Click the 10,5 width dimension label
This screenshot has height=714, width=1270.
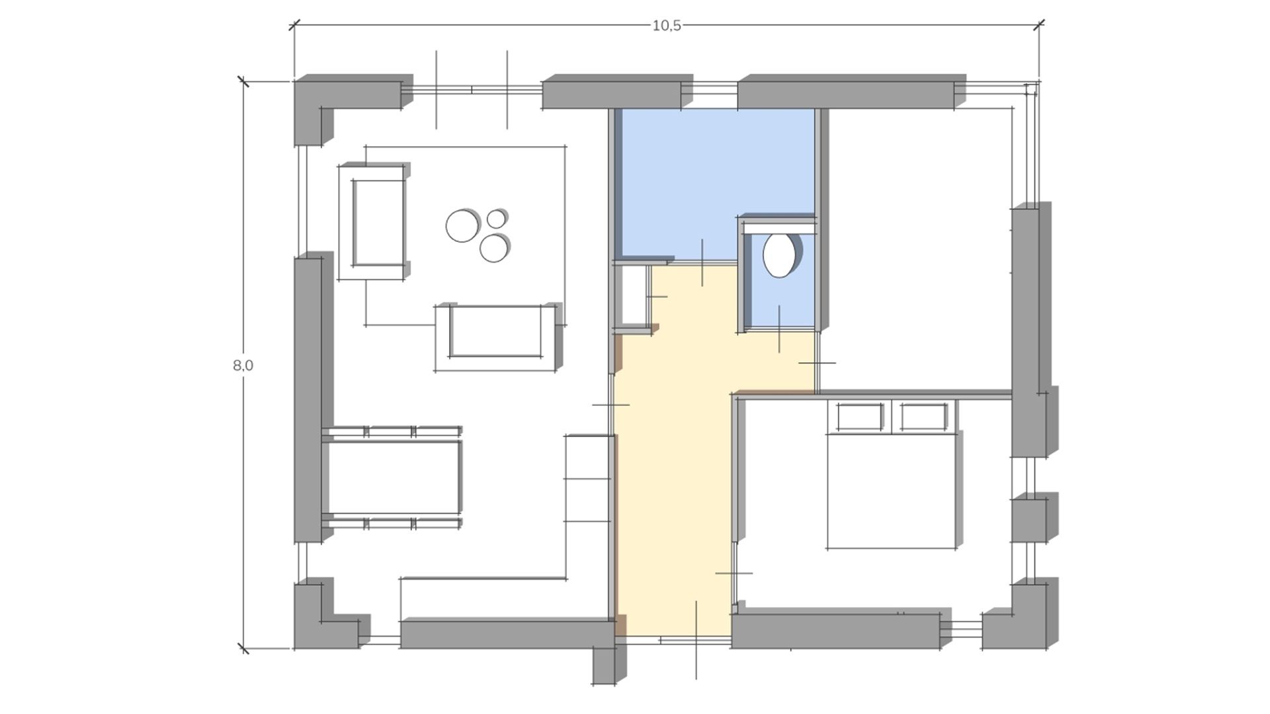tap(666, 26)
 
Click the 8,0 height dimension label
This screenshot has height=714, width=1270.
tap(243, 365)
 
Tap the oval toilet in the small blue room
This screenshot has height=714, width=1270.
tap(779, 254)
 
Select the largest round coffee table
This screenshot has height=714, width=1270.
tap(463, 225)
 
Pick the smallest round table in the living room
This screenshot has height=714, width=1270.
tap(497, 218)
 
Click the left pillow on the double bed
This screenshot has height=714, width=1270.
tap(860, 416)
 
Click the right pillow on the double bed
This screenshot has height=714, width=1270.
tap(924, 416)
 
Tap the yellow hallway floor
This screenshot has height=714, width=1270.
tap(673, 463)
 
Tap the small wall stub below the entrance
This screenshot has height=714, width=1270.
tap(604, 664)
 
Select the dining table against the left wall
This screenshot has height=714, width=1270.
tap(392, 477)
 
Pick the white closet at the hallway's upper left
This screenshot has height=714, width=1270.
tap(632, 296)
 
